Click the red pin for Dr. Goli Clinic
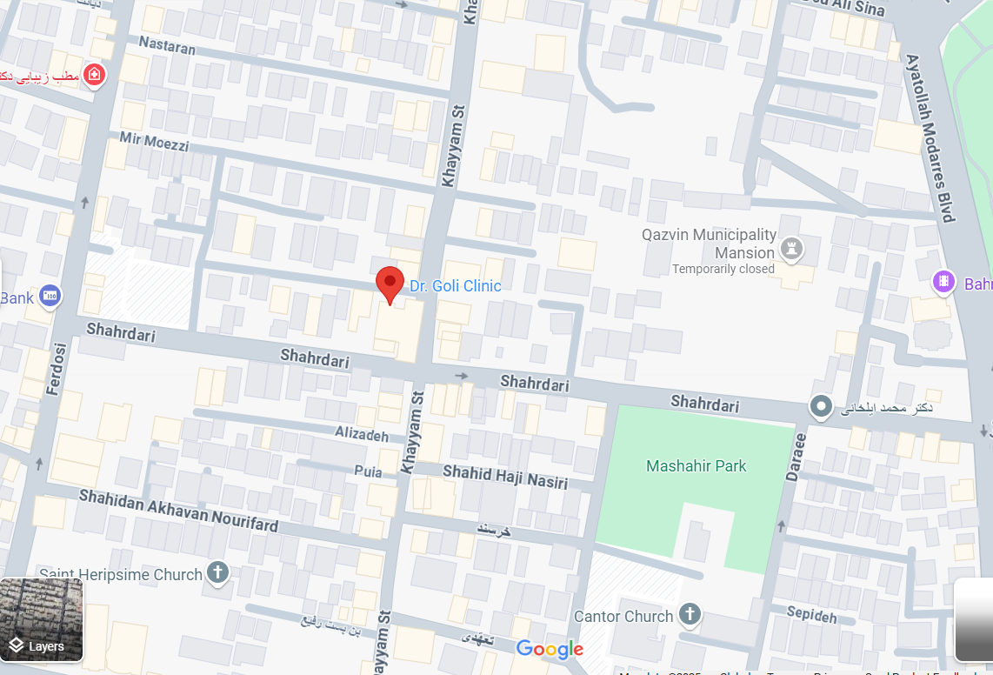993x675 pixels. coord(390,283)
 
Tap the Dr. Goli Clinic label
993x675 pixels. coord(456,286)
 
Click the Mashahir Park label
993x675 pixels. coord(696,466)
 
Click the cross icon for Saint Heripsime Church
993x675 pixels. coord(217,573)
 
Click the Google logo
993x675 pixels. coord(549,649)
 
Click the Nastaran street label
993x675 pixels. coord(167,45)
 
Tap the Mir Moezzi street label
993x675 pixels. coord(154,141)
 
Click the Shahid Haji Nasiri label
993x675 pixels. coord(505,477)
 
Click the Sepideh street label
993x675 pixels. coord(811,615)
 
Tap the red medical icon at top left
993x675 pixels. coord(94,75)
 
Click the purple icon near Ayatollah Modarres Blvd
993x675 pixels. coord(943,282)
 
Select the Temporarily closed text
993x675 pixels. coord(723,269)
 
